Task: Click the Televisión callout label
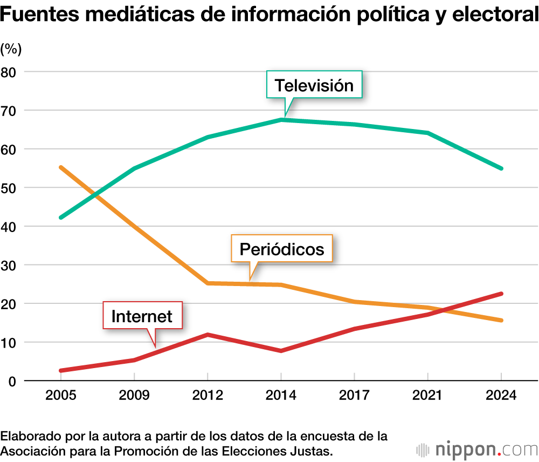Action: [x=314, y=85]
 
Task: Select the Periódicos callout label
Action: [x=282, y=249]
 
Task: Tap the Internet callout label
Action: [x=142, y=316]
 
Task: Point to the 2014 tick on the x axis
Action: [x=281, y=395]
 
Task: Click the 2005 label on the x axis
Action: [x=61, y=395]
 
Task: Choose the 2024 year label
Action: [x=501, y=395]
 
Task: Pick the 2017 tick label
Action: [x=354, y=395]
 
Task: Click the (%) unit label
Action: [x=11, y=49]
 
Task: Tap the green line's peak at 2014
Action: [x=281, y=120]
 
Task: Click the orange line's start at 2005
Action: [x=61, y=168]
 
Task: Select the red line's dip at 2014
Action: [x=281, y=351]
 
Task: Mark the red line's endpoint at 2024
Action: [x=501, y=294]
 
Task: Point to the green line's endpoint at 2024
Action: [x=501, y=168]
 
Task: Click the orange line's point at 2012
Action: [x=208, y=283]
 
